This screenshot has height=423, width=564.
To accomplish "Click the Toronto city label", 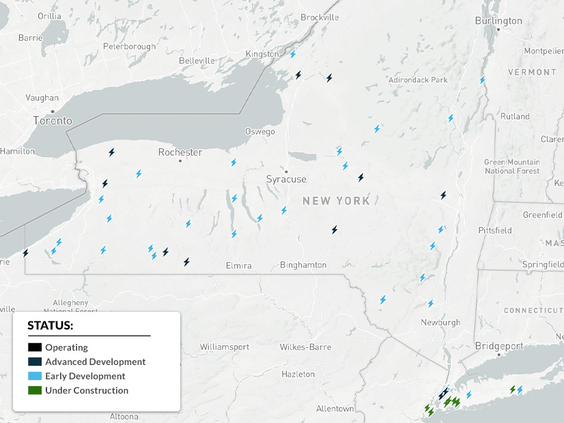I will pyautogui.click(x=53, y=121).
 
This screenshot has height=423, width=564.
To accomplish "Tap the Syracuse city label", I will pyautogui.click(x=286, y=179).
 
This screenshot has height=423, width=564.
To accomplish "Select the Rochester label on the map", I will pyautogui.click(x=180, y=152).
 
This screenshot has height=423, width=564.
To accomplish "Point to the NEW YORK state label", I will pyautogui.click(x=336, y=201).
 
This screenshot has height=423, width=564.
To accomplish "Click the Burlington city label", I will pyautogui.click(x=498, y=21).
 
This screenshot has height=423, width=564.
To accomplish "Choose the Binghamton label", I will pyautogui.click(x=303, y=265).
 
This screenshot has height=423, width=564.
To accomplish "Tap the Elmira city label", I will pyautogui.click(x=238, y=265).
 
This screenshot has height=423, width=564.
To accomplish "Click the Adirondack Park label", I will pyautogui.click(x=418, y=80).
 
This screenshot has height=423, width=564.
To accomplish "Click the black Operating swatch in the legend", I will pyautogui.click(x=35, y=347).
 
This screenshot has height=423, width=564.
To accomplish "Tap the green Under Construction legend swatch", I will pyautogui.click(x=35, y=390).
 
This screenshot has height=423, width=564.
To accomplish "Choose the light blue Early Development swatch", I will pyautogui.click(x=35, y=376).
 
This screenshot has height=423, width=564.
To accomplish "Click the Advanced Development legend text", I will pyautogui.click(x=95, y=362).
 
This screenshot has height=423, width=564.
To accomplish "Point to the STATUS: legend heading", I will pyautogui.click(x=50, y=325).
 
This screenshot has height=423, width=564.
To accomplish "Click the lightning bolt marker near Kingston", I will pyautogui.click(x=293, y=54).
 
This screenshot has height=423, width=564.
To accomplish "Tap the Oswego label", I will pyautogui.click(x=260, y=132).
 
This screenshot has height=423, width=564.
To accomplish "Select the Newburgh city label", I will pyautogui.click(x=440, y=322).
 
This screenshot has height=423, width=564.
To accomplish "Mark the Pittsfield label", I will pyautogui.click(x=495, y=230).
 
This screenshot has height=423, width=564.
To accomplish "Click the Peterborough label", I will pyautogui.click(x=129, y=46).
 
